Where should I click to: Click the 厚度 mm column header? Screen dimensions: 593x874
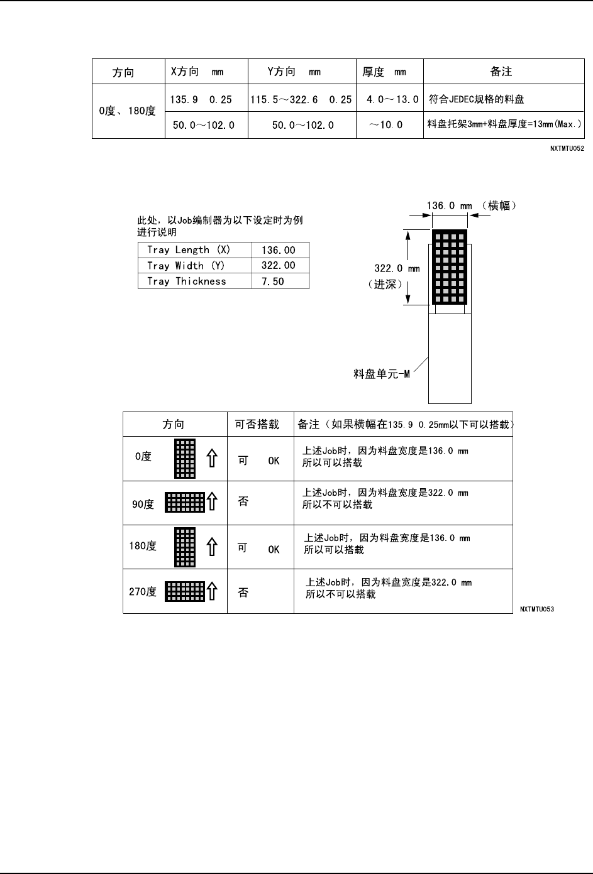384,72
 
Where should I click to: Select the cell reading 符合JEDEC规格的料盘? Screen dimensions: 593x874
476,99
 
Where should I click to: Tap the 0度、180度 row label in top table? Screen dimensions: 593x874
128,111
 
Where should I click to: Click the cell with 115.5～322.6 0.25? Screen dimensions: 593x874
301,99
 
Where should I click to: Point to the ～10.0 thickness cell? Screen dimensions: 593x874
385,124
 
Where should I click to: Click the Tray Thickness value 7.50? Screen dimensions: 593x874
272,281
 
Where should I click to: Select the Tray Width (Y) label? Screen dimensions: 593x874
186,266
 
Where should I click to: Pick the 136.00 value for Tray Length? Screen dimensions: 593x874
277,250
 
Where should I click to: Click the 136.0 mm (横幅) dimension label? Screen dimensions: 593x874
472,205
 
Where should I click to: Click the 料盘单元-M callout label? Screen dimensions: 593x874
382,374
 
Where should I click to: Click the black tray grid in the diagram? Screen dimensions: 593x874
450,266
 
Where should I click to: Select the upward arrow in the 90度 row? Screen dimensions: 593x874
213,501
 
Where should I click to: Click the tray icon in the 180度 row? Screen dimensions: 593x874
185,547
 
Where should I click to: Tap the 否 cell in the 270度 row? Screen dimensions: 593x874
243,592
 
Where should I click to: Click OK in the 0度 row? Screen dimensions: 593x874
274,461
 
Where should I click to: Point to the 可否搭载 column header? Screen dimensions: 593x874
257,425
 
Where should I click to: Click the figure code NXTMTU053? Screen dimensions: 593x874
536,609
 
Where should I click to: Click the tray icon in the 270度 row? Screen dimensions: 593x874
185,591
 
